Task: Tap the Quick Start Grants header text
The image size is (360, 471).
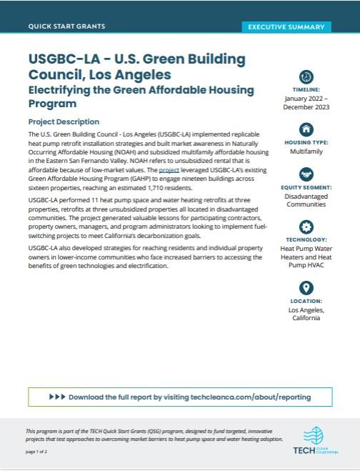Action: pyautogui.click(x=66, y=26)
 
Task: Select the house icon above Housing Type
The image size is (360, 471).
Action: pyautogui.click(x=306, y=129)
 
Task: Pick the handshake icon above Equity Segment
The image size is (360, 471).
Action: pyautogui.click(x=306, y=175)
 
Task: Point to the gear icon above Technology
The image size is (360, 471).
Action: pyautogui.click(x=306, y=227)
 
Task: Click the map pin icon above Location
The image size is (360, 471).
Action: pyautogui.click(x=306, y=288)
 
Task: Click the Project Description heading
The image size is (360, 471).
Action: pyautogui.click(x=64, y=122)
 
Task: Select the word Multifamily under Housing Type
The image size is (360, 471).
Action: pyautogui.click(x=306, y=152)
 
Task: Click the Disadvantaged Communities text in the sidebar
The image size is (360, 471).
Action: pyautogui.click(x=306, y=204)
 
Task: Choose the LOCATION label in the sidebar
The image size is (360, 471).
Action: pyautogui.click(x=306, y=301)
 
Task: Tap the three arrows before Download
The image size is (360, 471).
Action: pyautogui.click(x=58, y=396)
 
